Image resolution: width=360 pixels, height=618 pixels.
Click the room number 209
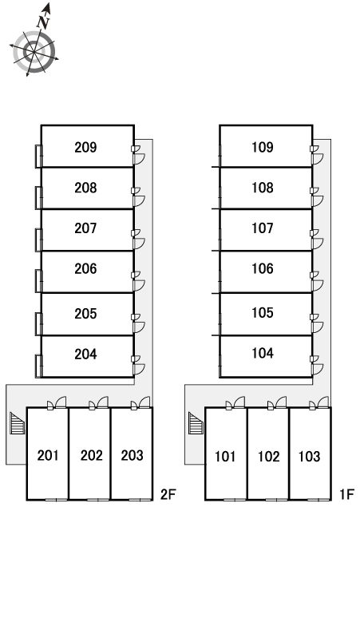click(85, 148)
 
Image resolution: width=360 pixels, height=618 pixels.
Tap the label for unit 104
click(263, 353)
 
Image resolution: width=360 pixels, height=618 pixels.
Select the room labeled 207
click(85, 228)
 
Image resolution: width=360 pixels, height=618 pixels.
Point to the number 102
click(269, 457)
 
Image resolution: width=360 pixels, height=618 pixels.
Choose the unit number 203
click(132, 456)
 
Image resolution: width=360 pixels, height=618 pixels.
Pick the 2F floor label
click(168, 494)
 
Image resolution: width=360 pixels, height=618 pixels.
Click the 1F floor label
click(346, 494)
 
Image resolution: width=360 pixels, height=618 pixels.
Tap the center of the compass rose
click(34, 52)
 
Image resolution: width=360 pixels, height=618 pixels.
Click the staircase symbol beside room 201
click(17, 423)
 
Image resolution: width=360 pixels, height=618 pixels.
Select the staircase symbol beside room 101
click(196, 423)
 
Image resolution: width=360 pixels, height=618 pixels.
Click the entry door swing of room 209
click(140, 159)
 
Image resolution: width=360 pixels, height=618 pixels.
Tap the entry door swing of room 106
click(318, 286)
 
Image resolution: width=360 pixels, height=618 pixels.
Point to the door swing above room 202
click(102, 402)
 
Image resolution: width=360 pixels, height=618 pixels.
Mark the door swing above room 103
click(322, 402)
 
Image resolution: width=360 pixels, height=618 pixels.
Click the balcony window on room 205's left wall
click(38, 324)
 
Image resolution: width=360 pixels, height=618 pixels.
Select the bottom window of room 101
click(235, 500)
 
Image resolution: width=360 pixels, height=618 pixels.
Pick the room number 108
click(263, 188)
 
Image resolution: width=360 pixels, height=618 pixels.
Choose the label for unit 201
click(48, 456)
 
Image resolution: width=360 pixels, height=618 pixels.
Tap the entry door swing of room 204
click(140, 370)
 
